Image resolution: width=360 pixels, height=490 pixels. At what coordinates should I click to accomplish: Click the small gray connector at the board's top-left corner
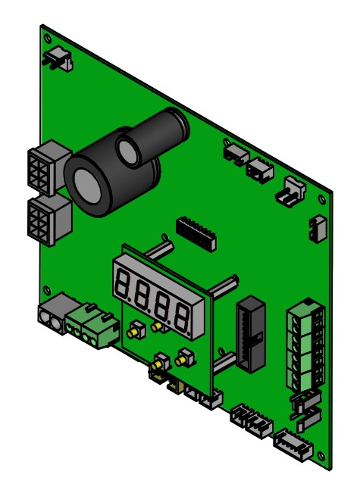pos(60,58)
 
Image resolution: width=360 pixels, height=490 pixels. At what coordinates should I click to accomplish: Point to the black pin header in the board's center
pos(196,233)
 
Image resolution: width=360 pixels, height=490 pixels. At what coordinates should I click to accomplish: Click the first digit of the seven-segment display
pos(124,284)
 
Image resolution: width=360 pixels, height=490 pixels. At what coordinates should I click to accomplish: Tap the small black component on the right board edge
pos(318,228)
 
